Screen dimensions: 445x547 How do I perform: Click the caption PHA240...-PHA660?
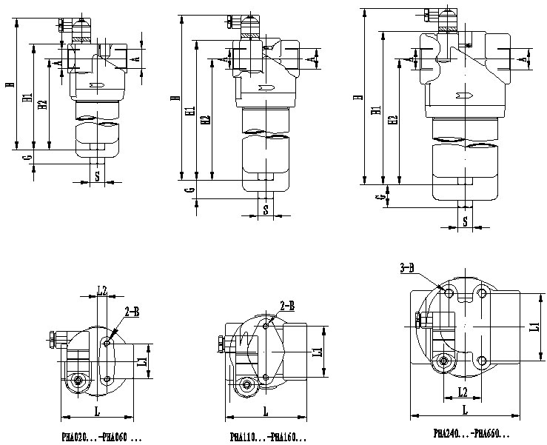coord(471,433)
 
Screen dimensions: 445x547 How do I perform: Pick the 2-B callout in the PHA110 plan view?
coord(287,305)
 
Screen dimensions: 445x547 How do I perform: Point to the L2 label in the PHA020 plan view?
coord(102,290)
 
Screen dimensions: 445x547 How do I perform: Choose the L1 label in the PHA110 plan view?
coord(319,353)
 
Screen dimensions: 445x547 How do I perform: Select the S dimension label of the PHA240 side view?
coord(466,221)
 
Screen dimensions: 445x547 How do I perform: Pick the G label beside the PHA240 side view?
coord(377,198)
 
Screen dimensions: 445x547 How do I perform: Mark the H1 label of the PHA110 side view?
coord(192,112)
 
